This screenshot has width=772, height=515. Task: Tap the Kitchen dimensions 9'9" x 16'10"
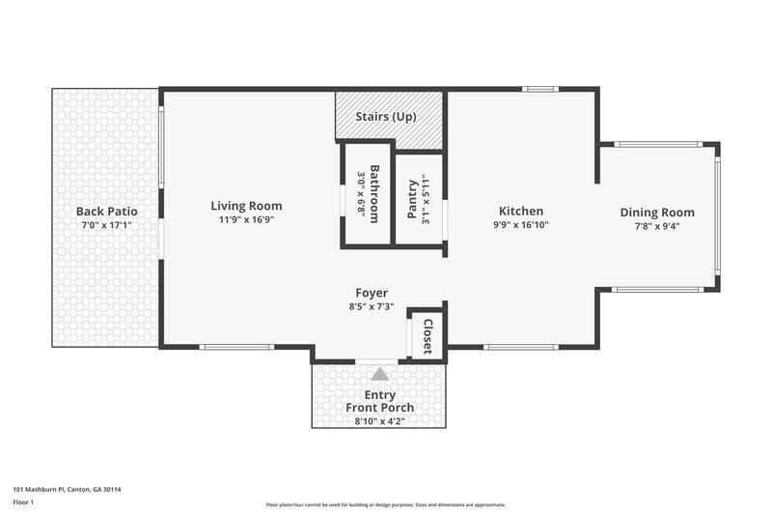(x=520, y=225)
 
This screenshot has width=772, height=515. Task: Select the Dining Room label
(x=656, y=213)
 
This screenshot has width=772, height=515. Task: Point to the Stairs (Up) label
(x=387, y=117)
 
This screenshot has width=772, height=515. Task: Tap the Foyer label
(x=372, y=293)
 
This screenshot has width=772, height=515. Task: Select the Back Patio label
(x=105, y=211)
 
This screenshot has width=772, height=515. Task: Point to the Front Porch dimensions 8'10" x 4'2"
(x=380, y=420)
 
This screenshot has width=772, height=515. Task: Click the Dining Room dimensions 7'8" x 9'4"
(x=656, y=227)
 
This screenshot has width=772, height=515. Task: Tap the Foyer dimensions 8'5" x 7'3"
(x=372, y=307)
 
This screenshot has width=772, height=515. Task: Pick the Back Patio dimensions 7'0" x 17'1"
(x=105, y=225)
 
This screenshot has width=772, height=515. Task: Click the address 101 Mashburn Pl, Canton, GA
(x=67, y=489)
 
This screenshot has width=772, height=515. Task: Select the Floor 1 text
(x=24, y=502)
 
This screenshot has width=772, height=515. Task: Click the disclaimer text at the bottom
(x=385, y=504)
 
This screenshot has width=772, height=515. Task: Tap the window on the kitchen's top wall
(x=539, y=90)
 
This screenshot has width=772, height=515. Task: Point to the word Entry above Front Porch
(x=380, y=394)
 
